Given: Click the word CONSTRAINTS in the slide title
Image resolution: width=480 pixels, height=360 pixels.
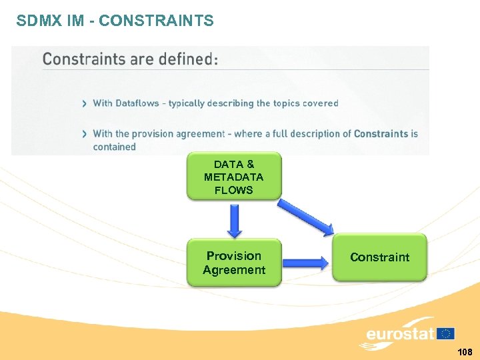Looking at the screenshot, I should pos(156,21).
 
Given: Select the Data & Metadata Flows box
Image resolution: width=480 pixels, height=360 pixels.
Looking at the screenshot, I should pos(234,177).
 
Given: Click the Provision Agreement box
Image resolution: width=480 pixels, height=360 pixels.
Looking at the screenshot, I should pos(234,263).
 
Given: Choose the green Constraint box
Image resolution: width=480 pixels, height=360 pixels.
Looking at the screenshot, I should pos(379,257).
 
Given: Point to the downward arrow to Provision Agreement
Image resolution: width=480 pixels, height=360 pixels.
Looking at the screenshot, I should pos(235,221).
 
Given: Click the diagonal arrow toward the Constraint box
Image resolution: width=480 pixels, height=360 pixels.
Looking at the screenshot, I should pos(306,217).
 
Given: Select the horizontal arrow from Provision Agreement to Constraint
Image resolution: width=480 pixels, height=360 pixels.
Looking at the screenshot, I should pos(306,263).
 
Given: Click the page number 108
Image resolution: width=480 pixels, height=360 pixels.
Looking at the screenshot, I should pos(465,351).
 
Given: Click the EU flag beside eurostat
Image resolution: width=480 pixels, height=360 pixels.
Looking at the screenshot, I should pos(446,333).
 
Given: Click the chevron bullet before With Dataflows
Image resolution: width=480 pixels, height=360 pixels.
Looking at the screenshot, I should pos(84,103).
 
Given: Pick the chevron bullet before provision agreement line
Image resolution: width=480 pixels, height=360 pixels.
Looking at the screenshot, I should pos(84,134).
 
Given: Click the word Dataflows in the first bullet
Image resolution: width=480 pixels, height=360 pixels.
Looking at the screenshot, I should pos(140,103).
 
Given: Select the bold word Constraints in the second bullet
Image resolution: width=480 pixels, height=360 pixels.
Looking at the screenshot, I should pos(381,133).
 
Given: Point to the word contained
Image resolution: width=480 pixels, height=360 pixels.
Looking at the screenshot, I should pos(114,147).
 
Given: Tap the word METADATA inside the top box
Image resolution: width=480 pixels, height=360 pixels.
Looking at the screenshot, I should pos(234,177).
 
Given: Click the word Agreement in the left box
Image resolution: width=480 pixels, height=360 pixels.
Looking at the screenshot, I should pos(234,270).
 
